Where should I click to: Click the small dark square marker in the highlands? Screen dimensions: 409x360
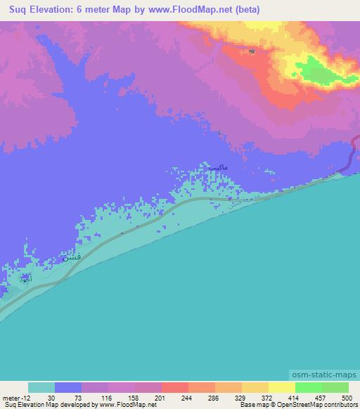(x=252, y=51)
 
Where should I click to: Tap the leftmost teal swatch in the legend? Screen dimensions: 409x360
(x=41, y=387)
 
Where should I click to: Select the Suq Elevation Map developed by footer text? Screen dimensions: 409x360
(x=49, y=405)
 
